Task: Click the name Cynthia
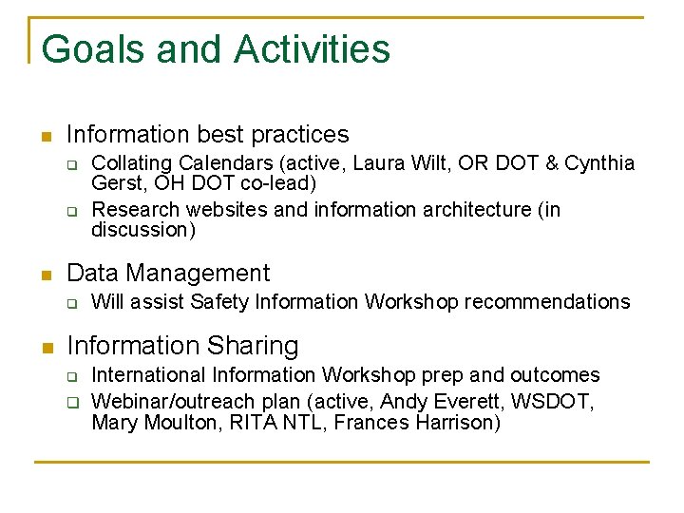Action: click(599, 163)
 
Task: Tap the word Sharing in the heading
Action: click(254, 346)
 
